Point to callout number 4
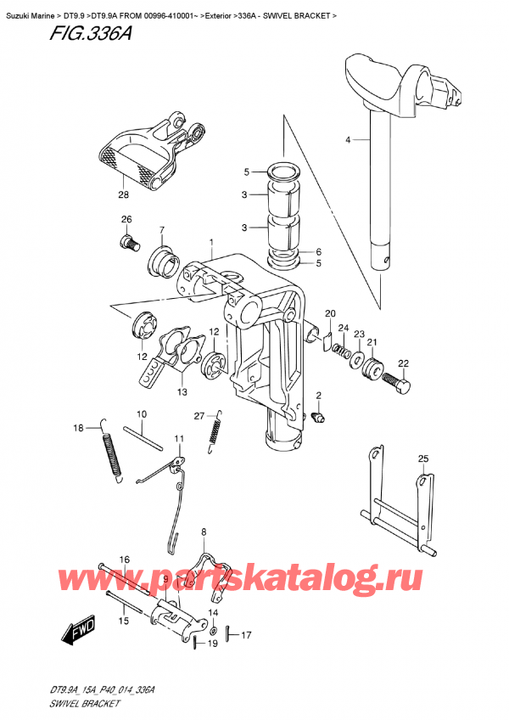click(x=347, y=139)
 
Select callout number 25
click(x=423, y=459)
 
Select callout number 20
click(x=330, y=314)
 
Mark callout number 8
click(x=204, y=532)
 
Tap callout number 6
click(x=319, y=252)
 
